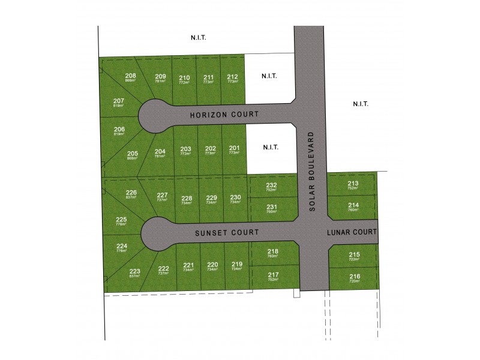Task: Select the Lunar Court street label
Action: click(352, 232)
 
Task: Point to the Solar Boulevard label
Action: click(312, 175)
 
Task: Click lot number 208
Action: click(130, 76)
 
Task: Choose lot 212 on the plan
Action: click(233, 77)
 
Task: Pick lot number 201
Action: click(233, 149)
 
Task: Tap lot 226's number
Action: click(131, 193)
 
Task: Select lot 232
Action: click(272, 186)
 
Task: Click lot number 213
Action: click(353, 184)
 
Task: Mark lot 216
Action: click(354, 277)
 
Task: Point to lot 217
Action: click(273, 275)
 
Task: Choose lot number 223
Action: click(134, 272)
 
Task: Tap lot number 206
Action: click(119, 130)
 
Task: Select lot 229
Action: click(211, 198)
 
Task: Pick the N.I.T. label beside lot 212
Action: click(268, 77)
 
